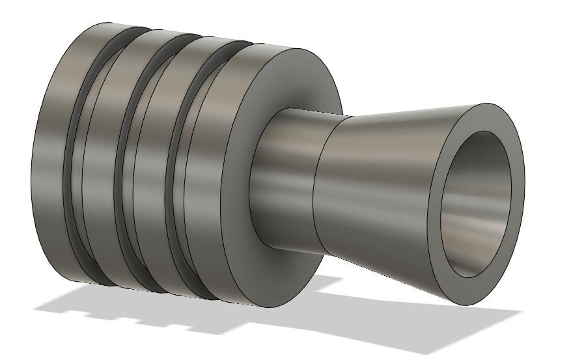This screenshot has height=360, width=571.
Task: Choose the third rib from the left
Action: click(148, 169)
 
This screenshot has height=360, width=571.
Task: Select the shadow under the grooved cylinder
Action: click(163, 306)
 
